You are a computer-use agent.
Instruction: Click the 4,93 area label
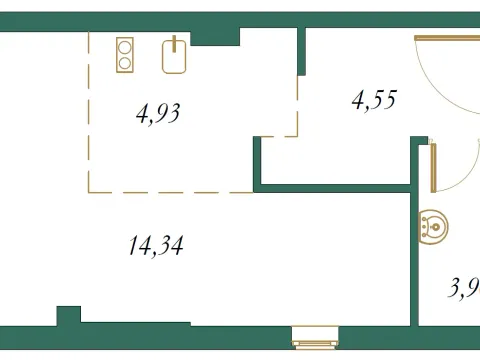point(157,112)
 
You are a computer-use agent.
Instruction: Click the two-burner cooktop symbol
point(126,53)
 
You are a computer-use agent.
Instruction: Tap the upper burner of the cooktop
point(126,45)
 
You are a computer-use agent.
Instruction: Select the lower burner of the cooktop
point(126,62)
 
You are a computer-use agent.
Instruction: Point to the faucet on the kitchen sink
point(175,43)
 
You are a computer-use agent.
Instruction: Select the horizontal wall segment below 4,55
point(335,187)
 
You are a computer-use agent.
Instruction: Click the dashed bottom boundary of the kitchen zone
point(170,192)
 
